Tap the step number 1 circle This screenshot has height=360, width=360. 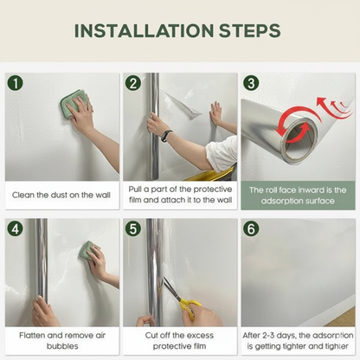15,84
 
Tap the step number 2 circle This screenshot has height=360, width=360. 132,84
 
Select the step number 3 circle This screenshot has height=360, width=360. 251,84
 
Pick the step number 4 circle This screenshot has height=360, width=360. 15,228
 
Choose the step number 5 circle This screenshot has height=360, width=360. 132,228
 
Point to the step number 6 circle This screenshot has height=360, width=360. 251,228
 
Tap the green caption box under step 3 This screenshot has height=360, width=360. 298,195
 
